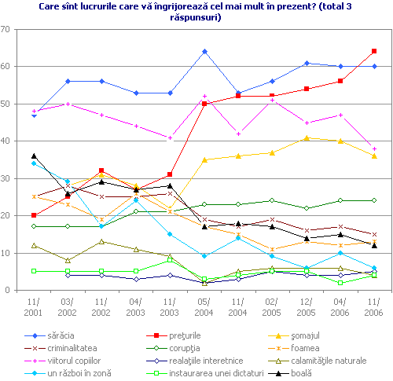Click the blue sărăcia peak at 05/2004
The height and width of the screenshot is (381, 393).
click(x=204, y=51)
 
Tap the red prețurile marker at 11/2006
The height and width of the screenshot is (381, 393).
click(x=374, y=51)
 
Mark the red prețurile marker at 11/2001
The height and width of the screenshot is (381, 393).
click(x=34, y=215)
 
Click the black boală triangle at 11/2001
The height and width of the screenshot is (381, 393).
click(x=34, y=156)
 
